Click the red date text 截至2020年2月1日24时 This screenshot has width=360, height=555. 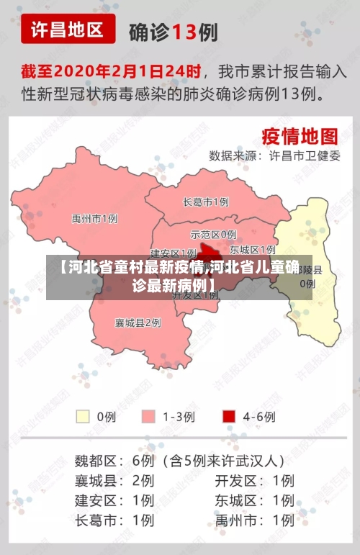[x=110, y=72]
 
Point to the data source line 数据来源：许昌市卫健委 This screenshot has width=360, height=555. [x=274, y=155]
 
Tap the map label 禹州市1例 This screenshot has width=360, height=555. [x=94, y=218]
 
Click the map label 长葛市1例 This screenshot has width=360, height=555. [x=206, y=202]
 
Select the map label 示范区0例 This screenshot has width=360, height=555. [x=213, y=234]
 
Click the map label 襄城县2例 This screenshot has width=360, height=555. [x=138, y=322]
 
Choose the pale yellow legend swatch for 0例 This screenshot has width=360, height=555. [x=84, y=416]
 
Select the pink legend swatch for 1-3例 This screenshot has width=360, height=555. [x=149, y=416]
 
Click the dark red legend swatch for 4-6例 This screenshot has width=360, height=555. [x=229, y=416]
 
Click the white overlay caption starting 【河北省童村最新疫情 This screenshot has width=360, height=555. [x=179, y=276]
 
